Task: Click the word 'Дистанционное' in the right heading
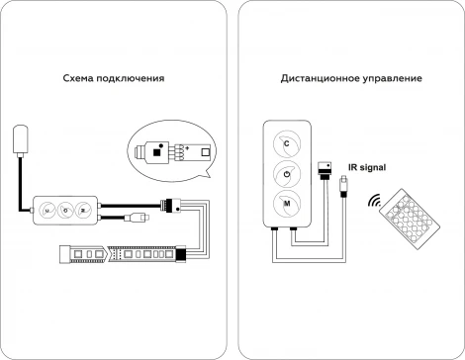click(x=316, y=78)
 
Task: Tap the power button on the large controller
click(x=285, y=175)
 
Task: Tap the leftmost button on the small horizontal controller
click(x=46, y=210)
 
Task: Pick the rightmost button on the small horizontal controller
click(x=83, y=210)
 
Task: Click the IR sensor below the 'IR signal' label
click(x=340, y=183)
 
